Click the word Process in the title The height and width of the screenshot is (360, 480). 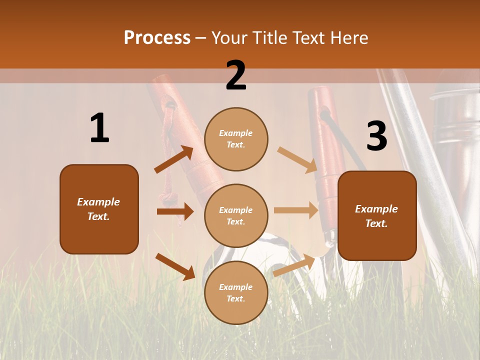157,37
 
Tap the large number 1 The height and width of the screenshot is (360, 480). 99,128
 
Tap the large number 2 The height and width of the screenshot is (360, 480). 236,75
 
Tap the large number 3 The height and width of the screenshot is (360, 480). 376,136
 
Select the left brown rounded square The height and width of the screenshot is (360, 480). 99,209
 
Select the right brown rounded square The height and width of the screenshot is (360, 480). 377,215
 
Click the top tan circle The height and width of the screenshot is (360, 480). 236,139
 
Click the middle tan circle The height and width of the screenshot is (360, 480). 236,215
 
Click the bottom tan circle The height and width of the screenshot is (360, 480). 236,292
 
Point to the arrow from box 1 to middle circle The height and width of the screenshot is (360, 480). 175,211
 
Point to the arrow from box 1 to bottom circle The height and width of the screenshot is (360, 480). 175,266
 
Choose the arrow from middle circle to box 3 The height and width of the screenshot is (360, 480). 296,210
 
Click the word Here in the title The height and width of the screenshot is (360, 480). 349,37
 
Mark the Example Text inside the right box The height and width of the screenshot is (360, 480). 376,216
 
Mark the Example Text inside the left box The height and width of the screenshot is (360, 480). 98,209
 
